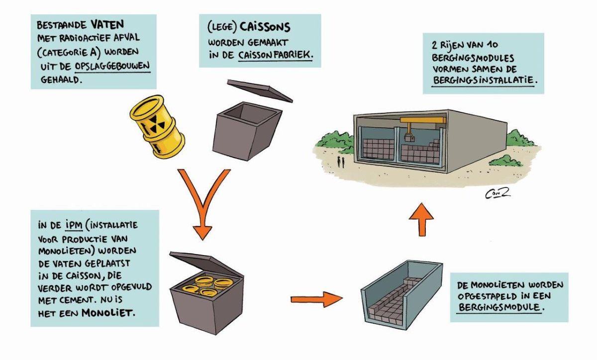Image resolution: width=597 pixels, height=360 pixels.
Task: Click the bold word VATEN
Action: [x=107, y=24]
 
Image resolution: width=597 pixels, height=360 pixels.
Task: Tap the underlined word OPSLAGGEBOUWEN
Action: [x=112, y=66]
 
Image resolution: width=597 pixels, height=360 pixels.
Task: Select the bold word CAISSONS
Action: [x=265, y=27]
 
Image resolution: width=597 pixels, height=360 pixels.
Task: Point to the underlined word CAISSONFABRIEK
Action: [x=275, y=55]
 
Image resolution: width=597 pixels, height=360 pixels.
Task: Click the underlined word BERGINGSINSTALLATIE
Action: [x=483, y=80]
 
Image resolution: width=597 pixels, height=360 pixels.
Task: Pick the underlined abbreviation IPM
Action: [x=74, y=225]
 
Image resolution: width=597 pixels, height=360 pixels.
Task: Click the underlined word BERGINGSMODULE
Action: [x=499, y=307]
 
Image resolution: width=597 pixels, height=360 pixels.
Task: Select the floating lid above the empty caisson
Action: [x=260, y=90]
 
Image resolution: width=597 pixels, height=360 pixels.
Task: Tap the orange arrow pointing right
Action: [x=316, y=299]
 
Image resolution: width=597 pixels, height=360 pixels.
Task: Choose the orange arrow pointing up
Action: [x=421, y=220]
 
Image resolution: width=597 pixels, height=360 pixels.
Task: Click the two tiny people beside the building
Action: [x=341, y=162]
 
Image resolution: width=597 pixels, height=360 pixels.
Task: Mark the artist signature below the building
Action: [x=497, y=194]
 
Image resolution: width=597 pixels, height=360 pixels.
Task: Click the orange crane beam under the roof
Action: [x=423, y=120]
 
